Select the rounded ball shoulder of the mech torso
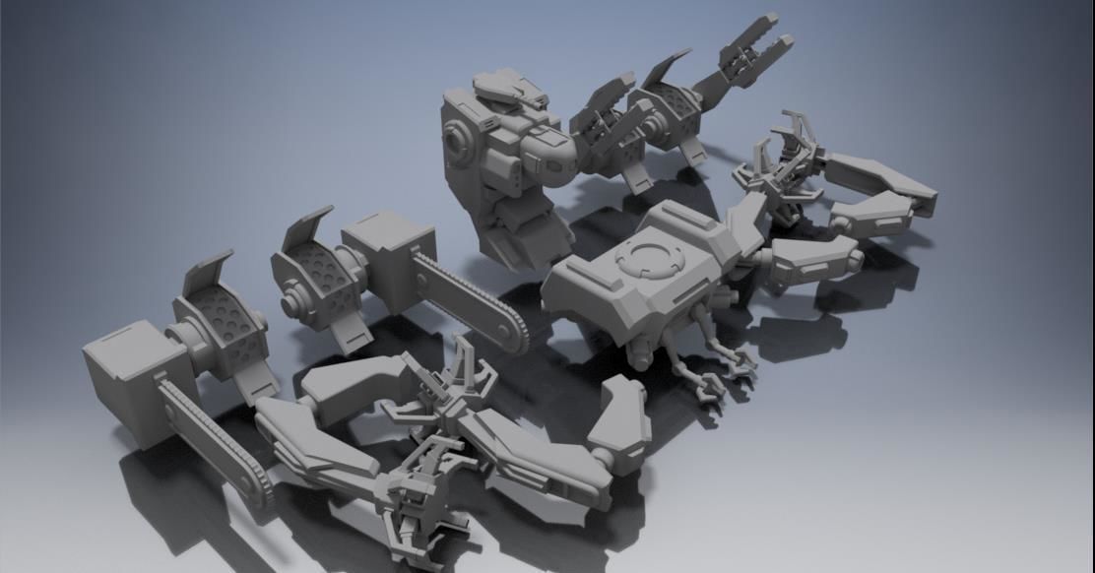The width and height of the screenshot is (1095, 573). (x=547, y=157)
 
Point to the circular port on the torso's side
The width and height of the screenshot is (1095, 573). (x=458, y=141)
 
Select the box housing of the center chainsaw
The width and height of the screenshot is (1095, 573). (x=388, y=256)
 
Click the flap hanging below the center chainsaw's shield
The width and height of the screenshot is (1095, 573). (x=345, y=331)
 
